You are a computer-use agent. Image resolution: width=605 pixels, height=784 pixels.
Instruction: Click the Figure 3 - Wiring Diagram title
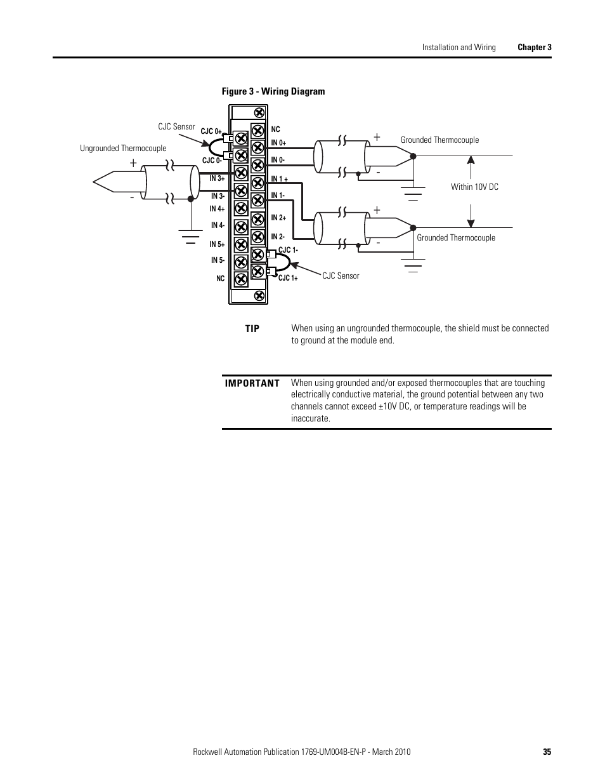[273, 91]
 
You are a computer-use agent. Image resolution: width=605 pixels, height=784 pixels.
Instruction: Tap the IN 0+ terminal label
[278, 143]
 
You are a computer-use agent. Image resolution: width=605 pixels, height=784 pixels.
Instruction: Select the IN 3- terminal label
[218, 196]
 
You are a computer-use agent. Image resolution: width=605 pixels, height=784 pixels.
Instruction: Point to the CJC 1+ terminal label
[288, 278]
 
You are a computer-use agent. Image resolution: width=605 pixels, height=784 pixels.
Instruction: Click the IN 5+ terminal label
[217, 244]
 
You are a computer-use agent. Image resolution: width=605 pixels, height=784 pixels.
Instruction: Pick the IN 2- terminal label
[278, 237]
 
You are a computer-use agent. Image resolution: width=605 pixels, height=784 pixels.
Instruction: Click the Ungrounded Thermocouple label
[123, 149]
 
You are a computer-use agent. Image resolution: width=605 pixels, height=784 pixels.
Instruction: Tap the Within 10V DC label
[474, 187]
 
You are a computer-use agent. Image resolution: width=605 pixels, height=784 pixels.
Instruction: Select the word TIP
[252, 329]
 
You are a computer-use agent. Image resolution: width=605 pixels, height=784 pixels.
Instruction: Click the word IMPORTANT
[252, 383]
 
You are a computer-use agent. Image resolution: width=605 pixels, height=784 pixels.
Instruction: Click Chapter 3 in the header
[535, 47]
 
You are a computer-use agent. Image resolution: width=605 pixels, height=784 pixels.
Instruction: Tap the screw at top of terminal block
[259, 113]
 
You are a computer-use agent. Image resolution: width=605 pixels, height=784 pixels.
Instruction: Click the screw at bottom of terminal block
[259, 296]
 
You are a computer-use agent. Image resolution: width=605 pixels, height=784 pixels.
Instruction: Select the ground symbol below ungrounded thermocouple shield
[191, 236]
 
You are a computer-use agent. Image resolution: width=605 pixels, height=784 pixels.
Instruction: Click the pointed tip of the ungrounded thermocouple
[93, 182]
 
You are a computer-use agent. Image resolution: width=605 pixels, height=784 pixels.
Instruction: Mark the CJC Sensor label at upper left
[176, 126]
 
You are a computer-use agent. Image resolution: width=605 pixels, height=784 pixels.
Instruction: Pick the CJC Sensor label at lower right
[341, 276]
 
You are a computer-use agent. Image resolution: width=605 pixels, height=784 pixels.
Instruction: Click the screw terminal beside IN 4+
[241, 208]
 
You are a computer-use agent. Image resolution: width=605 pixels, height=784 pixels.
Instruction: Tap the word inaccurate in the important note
[311, 418]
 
